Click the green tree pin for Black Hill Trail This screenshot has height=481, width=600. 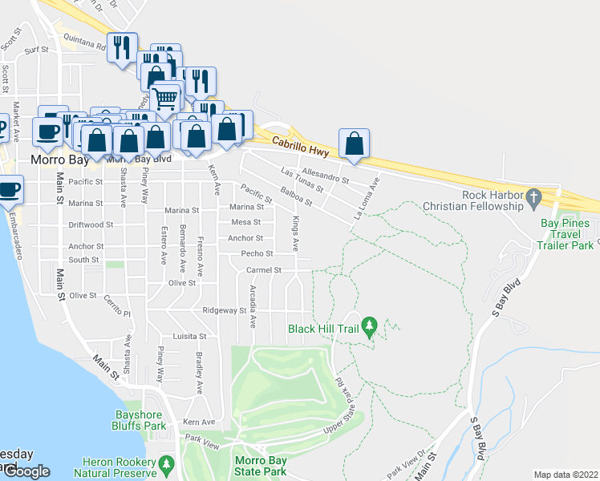[369, 327]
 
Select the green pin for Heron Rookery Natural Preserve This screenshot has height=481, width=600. [166, 463]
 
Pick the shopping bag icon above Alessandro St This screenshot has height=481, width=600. [354, 145]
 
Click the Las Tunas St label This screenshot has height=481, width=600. [302, 179]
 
